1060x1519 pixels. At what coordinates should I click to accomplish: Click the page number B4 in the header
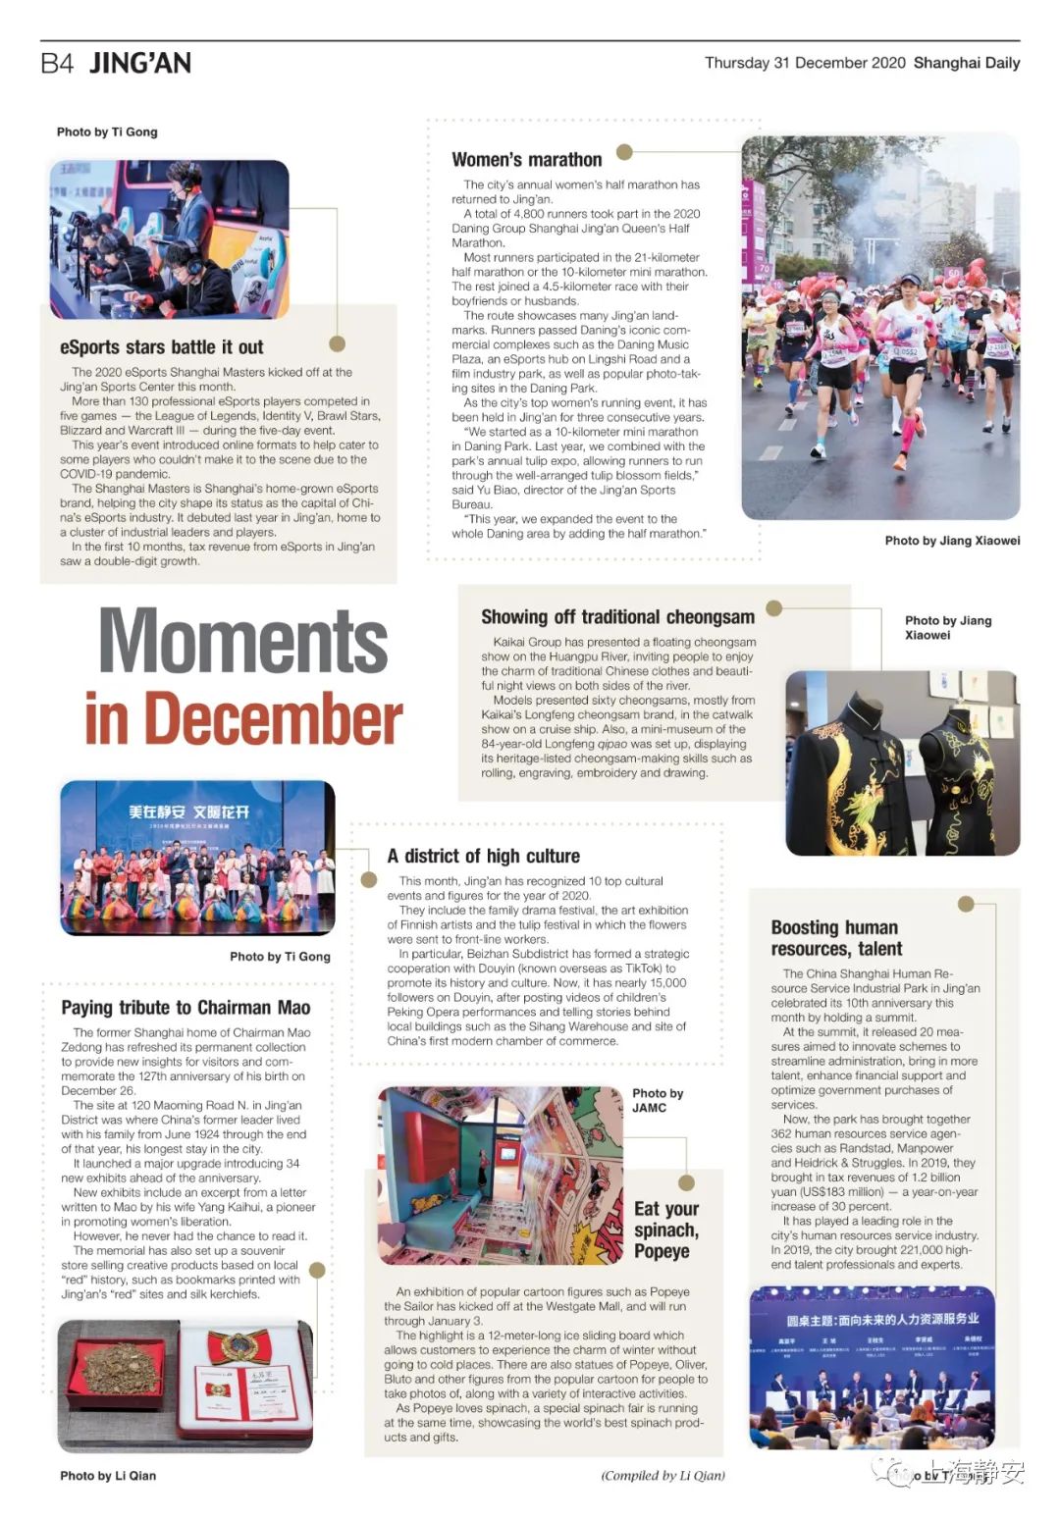tap(57, 64)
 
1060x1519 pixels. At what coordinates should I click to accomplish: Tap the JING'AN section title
tap(140, 64)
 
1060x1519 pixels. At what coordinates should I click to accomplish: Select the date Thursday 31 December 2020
tap(805, 63)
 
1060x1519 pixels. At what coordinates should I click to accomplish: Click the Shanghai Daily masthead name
tap(967, 63)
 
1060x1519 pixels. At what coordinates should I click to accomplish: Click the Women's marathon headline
tap(527, 160)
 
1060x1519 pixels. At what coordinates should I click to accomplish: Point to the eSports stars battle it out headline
tap(162, 347)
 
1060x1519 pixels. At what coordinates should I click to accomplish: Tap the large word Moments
tap(243, 641)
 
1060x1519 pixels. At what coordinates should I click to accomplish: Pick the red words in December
tap(243, 718)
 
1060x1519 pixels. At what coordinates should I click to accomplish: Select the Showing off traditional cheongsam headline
tap(617, 617)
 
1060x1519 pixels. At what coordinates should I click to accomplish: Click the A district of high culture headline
tap(483, 856)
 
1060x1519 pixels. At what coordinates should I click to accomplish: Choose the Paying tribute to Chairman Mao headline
tap(185, 1008)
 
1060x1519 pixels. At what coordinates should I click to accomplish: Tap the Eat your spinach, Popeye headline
tap(666, 1230)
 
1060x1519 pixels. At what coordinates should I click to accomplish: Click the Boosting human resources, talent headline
tap(836, 938)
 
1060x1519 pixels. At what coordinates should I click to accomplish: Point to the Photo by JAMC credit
tap(658, 1100)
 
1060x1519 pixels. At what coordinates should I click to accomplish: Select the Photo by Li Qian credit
tap(108, 1476)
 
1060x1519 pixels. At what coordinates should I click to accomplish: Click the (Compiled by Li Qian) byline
tap(662, 1475)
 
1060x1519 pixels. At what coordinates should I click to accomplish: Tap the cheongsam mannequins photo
tap(902, 762)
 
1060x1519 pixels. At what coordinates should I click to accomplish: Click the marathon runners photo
tap(880, 328)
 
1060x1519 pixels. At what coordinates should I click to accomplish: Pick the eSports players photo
tap(170, 239)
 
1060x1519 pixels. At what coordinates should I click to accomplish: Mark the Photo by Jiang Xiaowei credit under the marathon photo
tap(952, 541)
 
